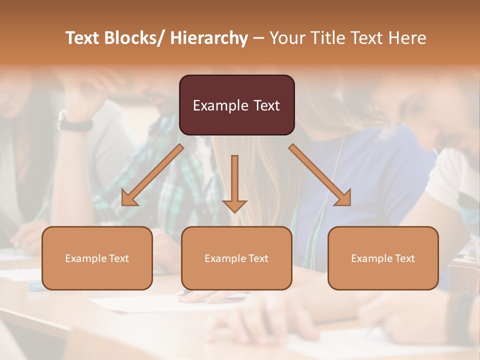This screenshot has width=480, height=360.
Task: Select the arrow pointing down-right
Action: (x=320, y=175)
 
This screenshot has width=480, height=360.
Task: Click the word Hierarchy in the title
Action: (x=209, y=38)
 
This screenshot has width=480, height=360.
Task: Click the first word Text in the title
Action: (x=82, y=38)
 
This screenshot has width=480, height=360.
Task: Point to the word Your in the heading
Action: (x=287, y=38)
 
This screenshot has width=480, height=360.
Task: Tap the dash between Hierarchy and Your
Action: (x=258, y=38)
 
